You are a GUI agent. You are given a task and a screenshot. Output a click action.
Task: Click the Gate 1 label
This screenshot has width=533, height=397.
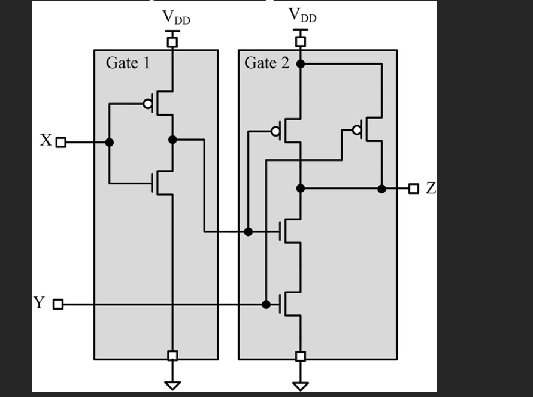click(x=128, y=62)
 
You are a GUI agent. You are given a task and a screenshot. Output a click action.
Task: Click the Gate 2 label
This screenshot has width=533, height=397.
click(x=266, y=63)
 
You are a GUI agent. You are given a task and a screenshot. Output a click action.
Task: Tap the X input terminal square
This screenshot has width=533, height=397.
click(x=60, y=143)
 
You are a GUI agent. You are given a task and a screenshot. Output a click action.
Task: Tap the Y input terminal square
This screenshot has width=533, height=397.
click(x=58, y=304)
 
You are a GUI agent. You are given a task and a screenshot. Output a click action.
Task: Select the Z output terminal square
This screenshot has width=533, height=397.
click(x=413, y=189)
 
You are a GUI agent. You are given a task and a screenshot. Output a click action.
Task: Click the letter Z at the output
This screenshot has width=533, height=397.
click(x=431, y=188)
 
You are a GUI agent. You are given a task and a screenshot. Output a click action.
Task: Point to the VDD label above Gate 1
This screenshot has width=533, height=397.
click(x=176, y=18)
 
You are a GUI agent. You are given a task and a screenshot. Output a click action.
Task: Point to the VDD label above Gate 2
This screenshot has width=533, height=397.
click(x=302, y=16)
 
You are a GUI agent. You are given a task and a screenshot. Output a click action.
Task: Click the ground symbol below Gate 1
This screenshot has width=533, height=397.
click(x=172, y=384)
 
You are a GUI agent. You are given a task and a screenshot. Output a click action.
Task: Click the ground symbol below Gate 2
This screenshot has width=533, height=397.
click(x=301, y=385)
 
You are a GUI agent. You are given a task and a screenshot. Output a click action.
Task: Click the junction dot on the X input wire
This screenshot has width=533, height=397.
click(x=109, y=143)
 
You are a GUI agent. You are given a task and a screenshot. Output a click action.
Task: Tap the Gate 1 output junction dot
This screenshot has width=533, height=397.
click(x=172, y=140)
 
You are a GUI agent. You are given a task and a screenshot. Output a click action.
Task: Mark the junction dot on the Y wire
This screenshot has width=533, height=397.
click(x=266, y=304)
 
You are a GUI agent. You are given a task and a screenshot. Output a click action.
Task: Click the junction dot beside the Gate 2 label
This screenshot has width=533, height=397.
click(x=301, y=63)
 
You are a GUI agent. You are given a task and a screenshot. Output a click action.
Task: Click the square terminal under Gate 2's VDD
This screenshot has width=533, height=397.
click(x=301, y=41)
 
